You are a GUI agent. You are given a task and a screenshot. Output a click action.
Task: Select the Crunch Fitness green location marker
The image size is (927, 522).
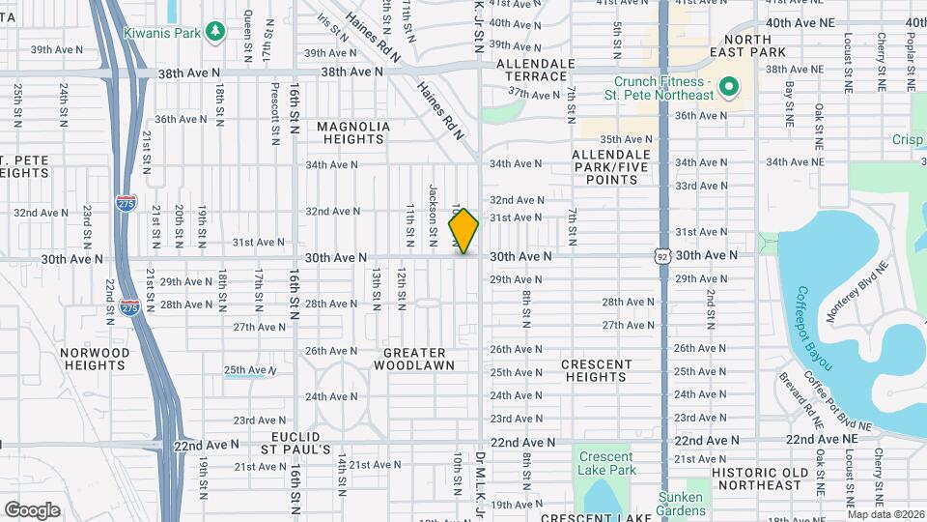click(728, 89)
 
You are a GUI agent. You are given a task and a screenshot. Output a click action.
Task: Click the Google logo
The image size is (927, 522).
click(32, 509)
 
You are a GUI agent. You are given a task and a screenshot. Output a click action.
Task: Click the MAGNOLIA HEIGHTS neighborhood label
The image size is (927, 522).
click(353, 132)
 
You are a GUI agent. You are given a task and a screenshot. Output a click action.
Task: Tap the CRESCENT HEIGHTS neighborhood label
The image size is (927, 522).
click(597, 371)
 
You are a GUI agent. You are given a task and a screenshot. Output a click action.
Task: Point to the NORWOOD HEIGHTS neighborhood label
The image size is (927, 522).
click(94, 360)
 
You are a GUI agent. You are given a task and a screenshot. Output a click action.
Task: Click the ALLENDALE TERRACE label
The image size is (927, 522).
click(531, 70)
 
